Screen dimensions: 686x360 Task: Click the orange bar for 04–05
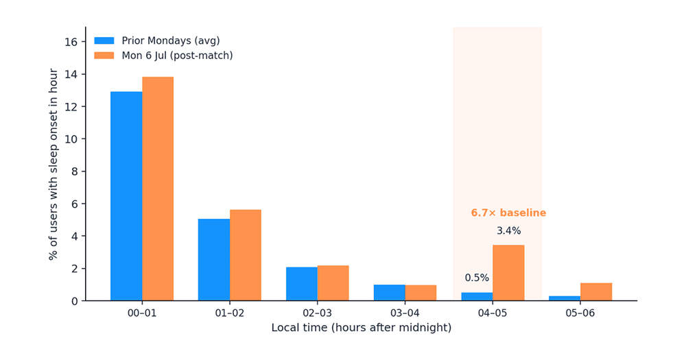pos(508,272)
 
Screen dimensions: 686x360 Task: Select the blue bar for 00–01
pos(126,196)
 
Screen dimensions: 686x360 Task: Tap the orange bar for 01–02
pos(246,255)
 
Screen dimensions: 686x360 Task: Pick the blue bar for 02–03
pos(302,284)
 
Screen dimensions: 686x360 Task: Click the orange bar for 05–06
pos(596,291)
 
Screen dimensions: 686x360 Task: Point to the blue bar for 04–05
pos(477,297)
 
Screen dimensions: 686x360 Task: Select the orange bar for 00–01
pos(158,189)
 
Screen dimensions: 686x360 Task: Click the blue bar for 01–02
pos(214,259)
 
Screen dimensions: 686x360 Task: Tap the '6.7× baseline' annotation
pos(508,213)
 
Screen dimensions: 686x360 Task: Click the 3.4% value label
pos(508,230)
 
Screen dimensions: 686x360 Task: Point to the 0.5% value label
pos(477,278)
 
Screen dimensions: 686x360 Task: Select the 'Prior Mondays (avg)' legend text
pos(171,40)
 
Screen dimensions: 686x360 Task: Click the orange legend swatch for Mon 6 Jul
pos(104,56)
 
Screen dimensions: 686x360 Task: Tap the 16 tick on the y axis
pos(71,42)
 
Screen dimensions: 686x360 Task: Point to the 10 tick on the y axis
pos(71,139)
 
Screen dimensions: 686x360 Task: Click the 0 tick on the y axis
pos(74,301)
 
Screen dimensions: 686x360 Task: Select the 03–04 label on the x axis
pos(405,313)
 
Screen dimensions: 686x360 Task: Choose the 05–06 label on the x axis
pos(580,313)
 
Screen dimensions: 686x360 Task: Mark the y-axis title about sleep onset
pos(53,164)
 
